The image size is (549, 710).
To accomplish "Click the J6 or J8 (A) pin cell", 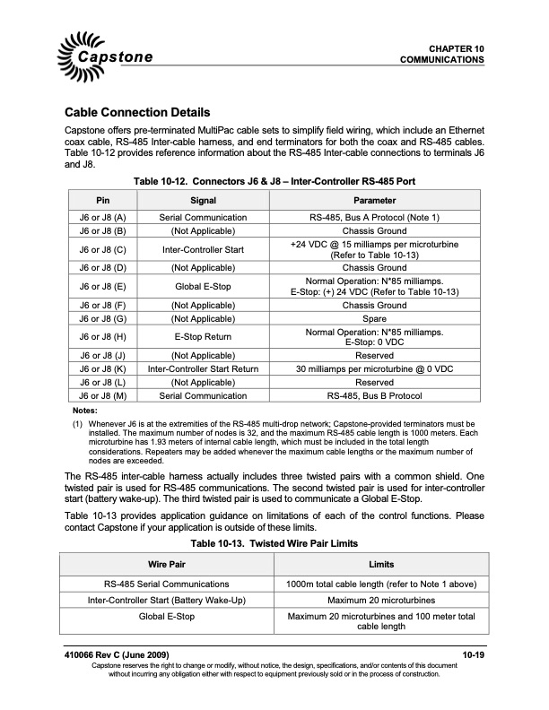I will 101,218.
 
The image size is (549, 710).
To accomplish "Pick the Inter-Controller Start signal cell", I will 203,248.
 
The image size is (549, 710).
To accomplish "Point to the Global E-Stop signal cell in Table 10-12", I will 203,287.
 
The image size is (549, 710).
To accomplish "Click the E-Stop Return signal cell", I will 203,336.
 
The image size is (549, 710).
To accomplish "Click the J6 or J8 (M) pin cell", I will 101,394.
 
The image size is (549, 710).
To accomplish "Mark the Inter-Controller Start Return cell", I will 203,368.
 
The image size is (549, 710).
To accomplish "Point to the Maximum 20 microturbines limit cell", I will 381,600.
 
